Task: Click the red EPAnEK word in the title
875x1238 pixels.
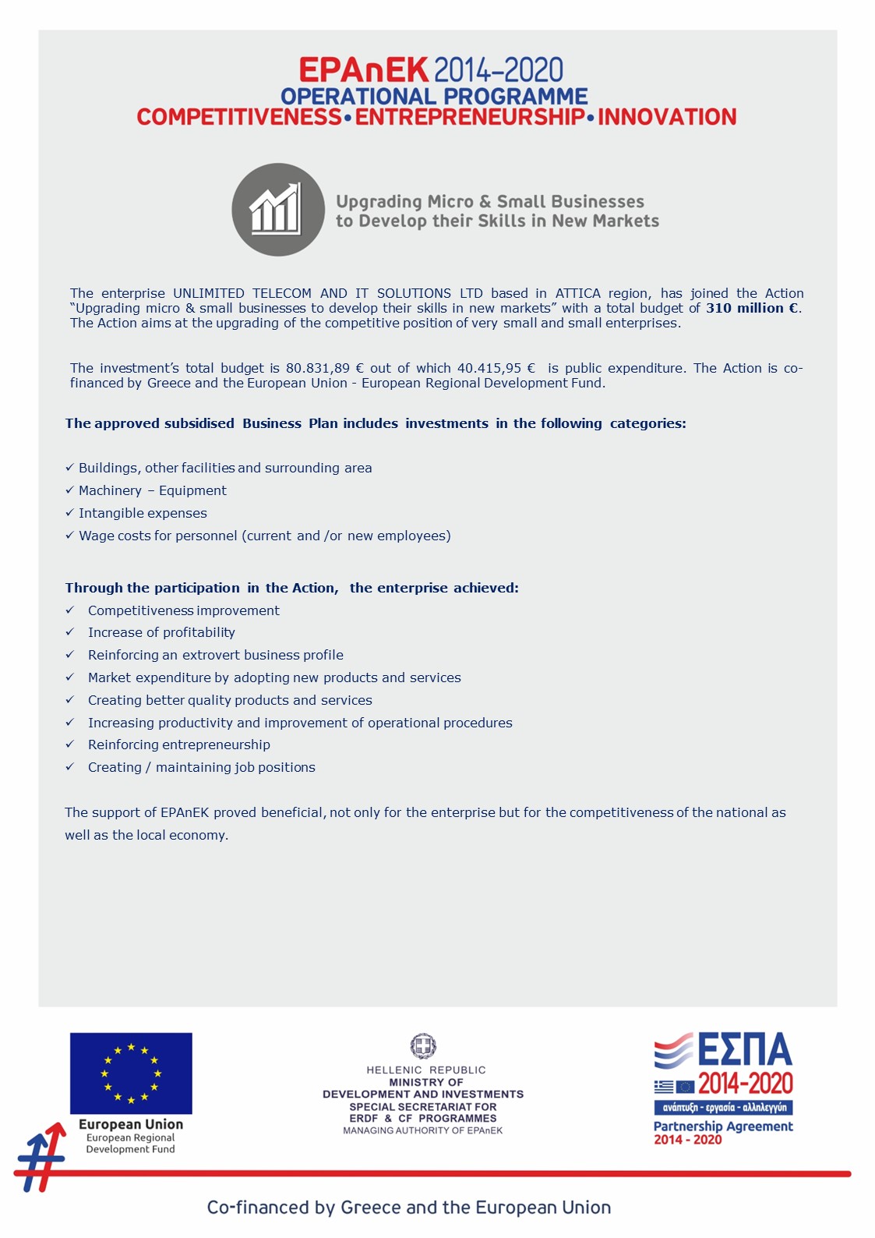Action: (363, 70)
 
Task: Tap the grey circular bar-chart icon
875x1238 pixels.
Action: (278, 210)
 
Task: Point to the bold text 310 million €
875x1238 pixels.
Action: (752, 308)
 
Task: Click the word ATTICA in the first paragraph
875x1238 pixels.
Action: (577, 293)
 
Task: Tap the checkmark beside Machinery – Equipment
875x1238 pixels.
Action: (69, 490)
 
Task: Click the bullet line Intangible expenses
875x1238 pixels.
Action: (143, 513)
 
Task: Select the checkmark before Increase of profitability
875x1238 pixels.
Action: (69, 632)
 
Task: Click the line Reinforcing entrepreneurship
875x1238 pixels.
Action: (178, 745)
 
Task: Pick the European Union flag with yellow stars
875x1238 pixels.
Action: (131, 1073)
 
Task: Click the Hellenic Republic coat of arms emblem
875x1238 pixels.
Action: (423, 1045)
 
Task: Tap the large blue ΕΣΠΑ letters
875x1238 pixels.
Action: (745, 1050)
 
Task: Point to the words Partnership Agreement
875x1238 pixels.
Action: (723, 1126)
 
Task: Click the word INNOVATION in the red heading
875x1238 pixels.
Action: (667, 117)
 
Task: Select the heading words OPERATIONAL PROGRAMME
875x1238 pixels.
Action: (434, 96)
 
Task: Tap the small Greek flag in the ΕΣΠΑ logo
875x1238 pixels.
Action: (663, 1086)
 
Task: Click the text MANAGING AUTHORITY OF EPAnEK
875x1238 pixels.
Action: (423, 1130)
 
